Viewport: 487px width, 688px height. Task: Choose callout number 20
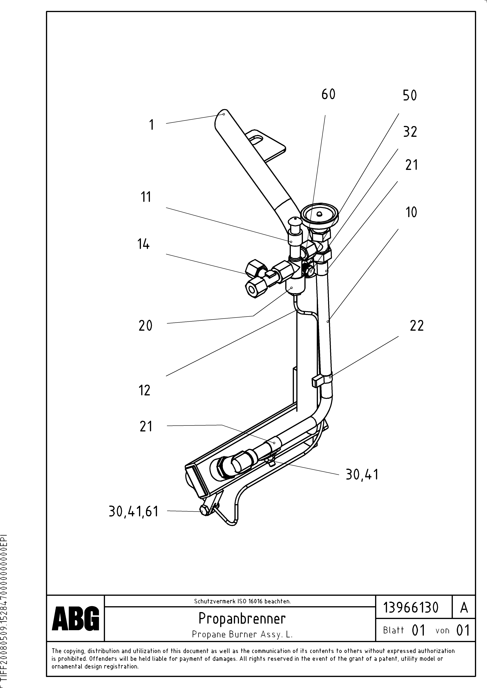145,326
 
